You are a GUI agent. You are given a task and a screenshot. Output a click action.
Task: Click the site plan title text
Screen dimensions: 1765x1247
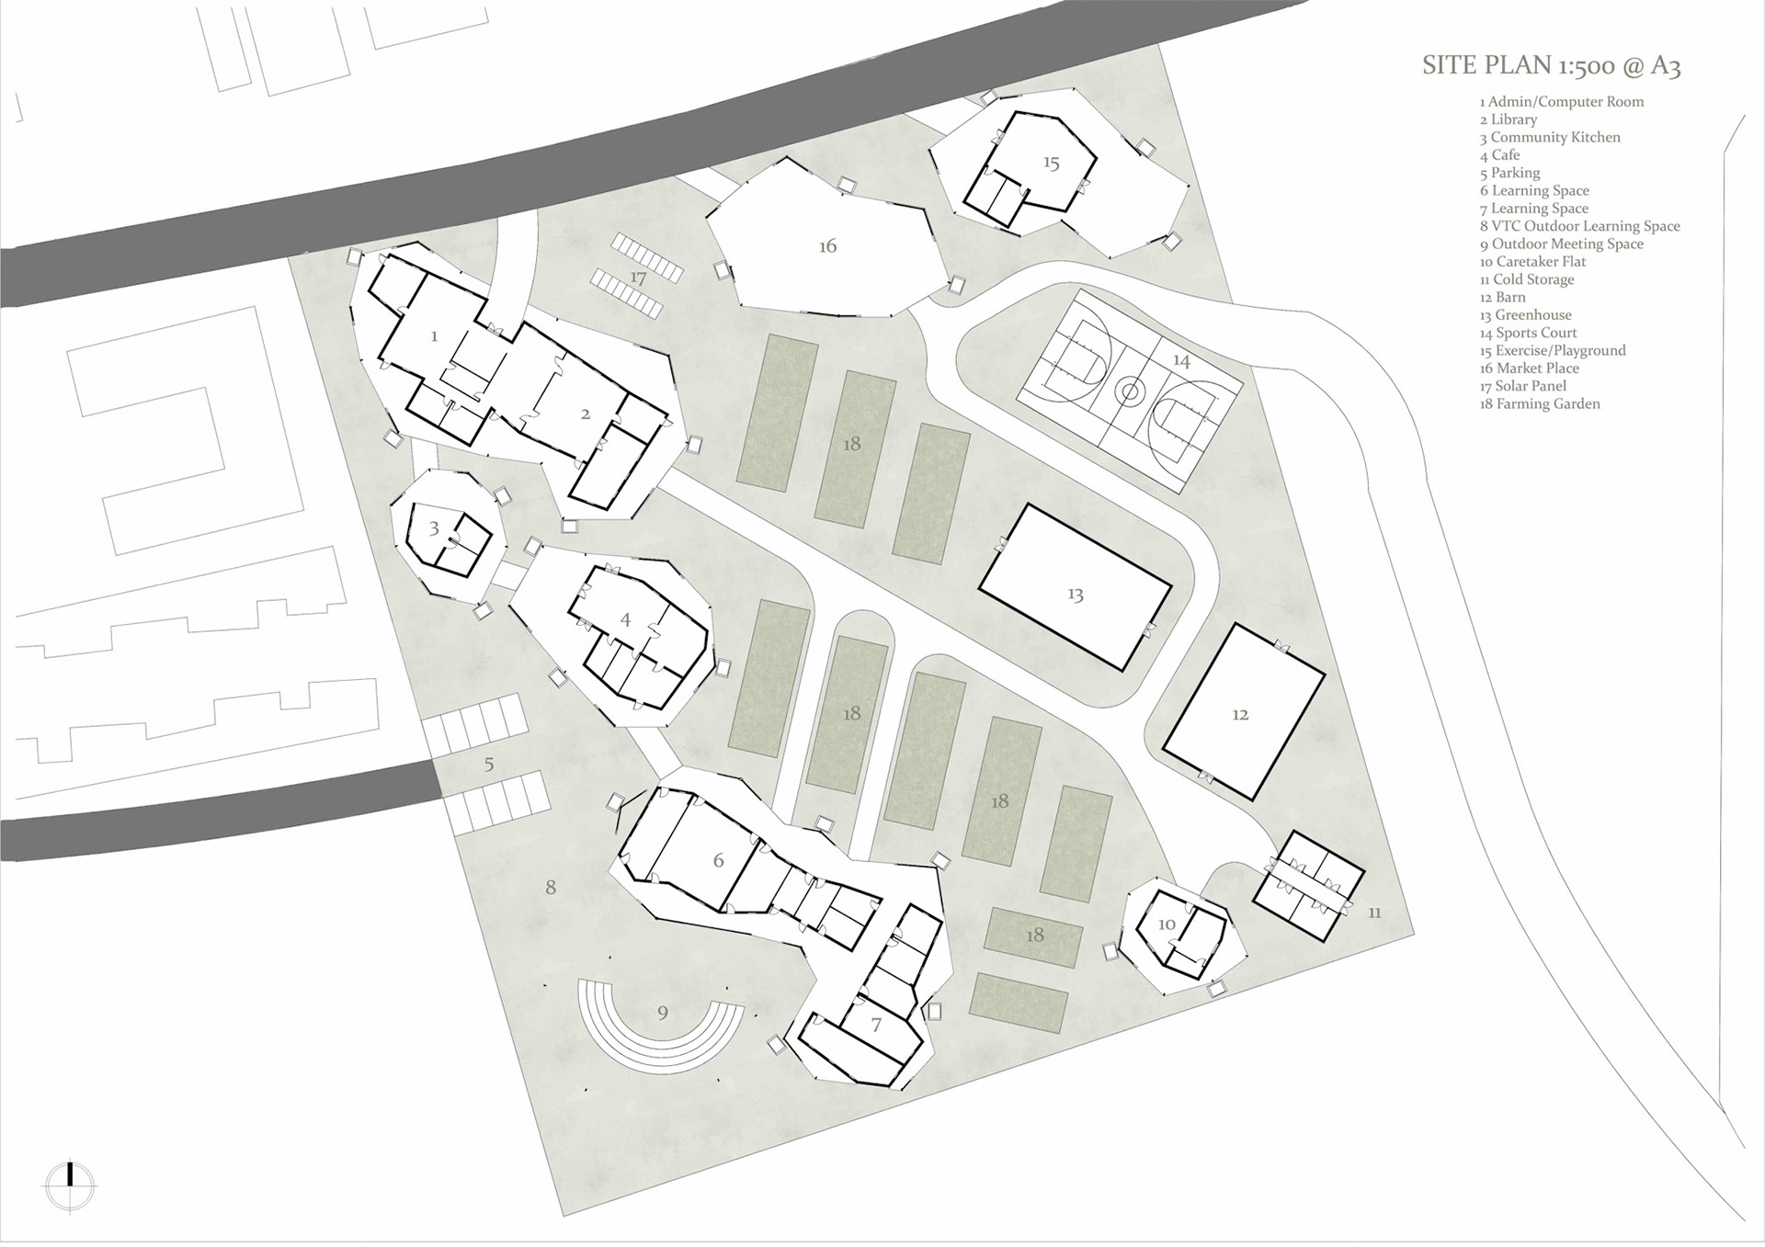(1551, 65)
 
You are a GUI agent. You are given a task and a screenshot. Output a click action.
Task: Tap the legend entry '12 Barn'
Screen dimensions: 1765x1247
(1502, 297)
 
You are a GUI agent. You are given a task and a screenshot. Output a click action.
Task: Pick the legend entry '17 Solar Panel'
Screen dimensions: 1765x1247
(1522, 386)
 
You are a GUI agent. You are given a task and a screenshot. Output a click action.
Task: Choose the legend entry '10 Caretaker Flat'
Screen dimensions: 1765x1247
(1532, 262)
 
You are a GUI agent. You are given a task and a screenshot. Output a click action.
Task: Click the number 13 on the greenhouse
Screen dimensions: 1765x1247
(1076, 595)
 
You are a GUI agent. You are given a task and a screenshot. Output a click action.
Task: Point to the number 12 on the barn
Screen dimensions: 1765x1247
(1240, 714)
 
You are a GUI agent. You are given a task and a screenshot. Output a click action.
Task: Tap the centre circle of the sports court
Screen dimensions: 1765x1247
(1130, 393)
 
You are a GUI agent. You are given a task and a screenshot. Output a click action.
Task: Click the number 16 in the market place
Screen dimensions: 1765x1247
(827, 245)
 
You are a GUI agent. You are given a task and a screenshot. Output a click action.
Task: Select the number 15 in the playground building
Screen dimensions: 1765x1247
(1051, 163)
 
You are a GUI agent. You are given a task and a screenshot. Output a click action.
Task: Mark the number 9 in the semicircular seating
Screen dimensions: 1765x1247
(663, 1013)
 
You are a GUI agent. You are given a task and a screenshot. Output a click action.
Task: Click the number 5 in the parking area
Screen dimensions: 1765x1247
(489, 764)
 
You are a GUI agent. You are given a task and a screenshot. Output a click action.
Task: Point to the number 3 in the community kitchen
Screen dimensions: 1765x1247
(435, 528)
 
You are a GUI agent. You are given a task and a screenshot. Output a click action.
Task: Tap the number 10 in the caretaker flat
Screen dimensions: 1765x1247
(1167, 924)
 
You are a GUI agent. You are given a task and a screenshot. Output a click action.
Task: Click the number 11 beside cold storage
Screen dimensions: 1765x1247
(1374, 913)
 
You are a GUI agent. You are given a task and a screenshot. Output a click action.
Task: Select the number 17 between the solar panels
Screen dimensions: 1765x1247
(639, 278)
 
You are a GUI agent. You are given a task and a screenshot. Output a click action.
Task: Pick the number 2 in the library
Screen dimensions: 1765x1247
(586, 414)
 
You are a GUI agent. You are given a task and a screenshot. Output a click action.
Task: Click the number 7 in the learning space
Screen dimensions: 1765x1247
(876, 1024)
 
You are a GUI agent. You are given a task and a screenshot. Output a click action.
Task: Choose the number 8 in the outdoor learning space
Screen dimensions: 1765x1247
(551, 887)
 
